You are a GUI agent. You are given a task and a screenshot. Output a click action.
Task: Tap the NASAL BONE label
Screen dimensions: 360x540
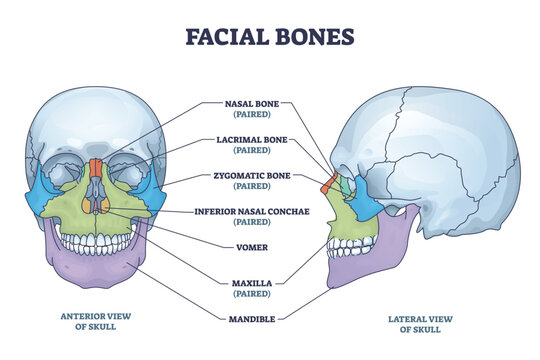[x=245, y=102]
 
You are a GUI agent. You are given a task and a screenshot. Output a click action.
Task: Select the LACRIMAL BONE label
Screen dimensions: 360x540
[x=245, y=140]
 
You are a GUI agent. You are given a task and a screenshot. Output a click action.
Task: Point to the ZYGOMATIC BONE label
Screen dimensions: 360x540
[x=245, y=176]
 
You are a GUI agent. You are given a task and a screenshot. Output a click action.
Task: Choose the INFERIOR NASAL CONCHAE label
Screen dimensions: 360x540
[x=245, y=212]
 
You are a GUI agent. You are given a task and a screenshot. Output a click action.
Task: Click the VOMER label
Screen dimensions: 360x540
[x=245, y=245]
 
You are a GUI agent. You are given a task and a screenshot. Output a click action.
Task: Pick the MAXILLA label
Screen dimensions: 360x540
[x=245, y=283]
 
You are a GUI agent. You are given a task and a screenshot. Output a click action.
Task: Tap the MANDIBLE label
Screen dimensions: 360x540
[x=245, y=318]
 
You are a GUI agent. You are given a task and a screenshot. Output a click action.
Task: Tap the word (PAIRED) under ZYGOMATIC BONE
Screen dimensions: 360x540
[x=245, y=186]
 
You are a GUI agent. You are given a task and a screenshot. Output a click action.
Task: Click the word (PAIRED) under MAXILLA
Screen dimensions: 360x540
[x=245, y=293]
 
